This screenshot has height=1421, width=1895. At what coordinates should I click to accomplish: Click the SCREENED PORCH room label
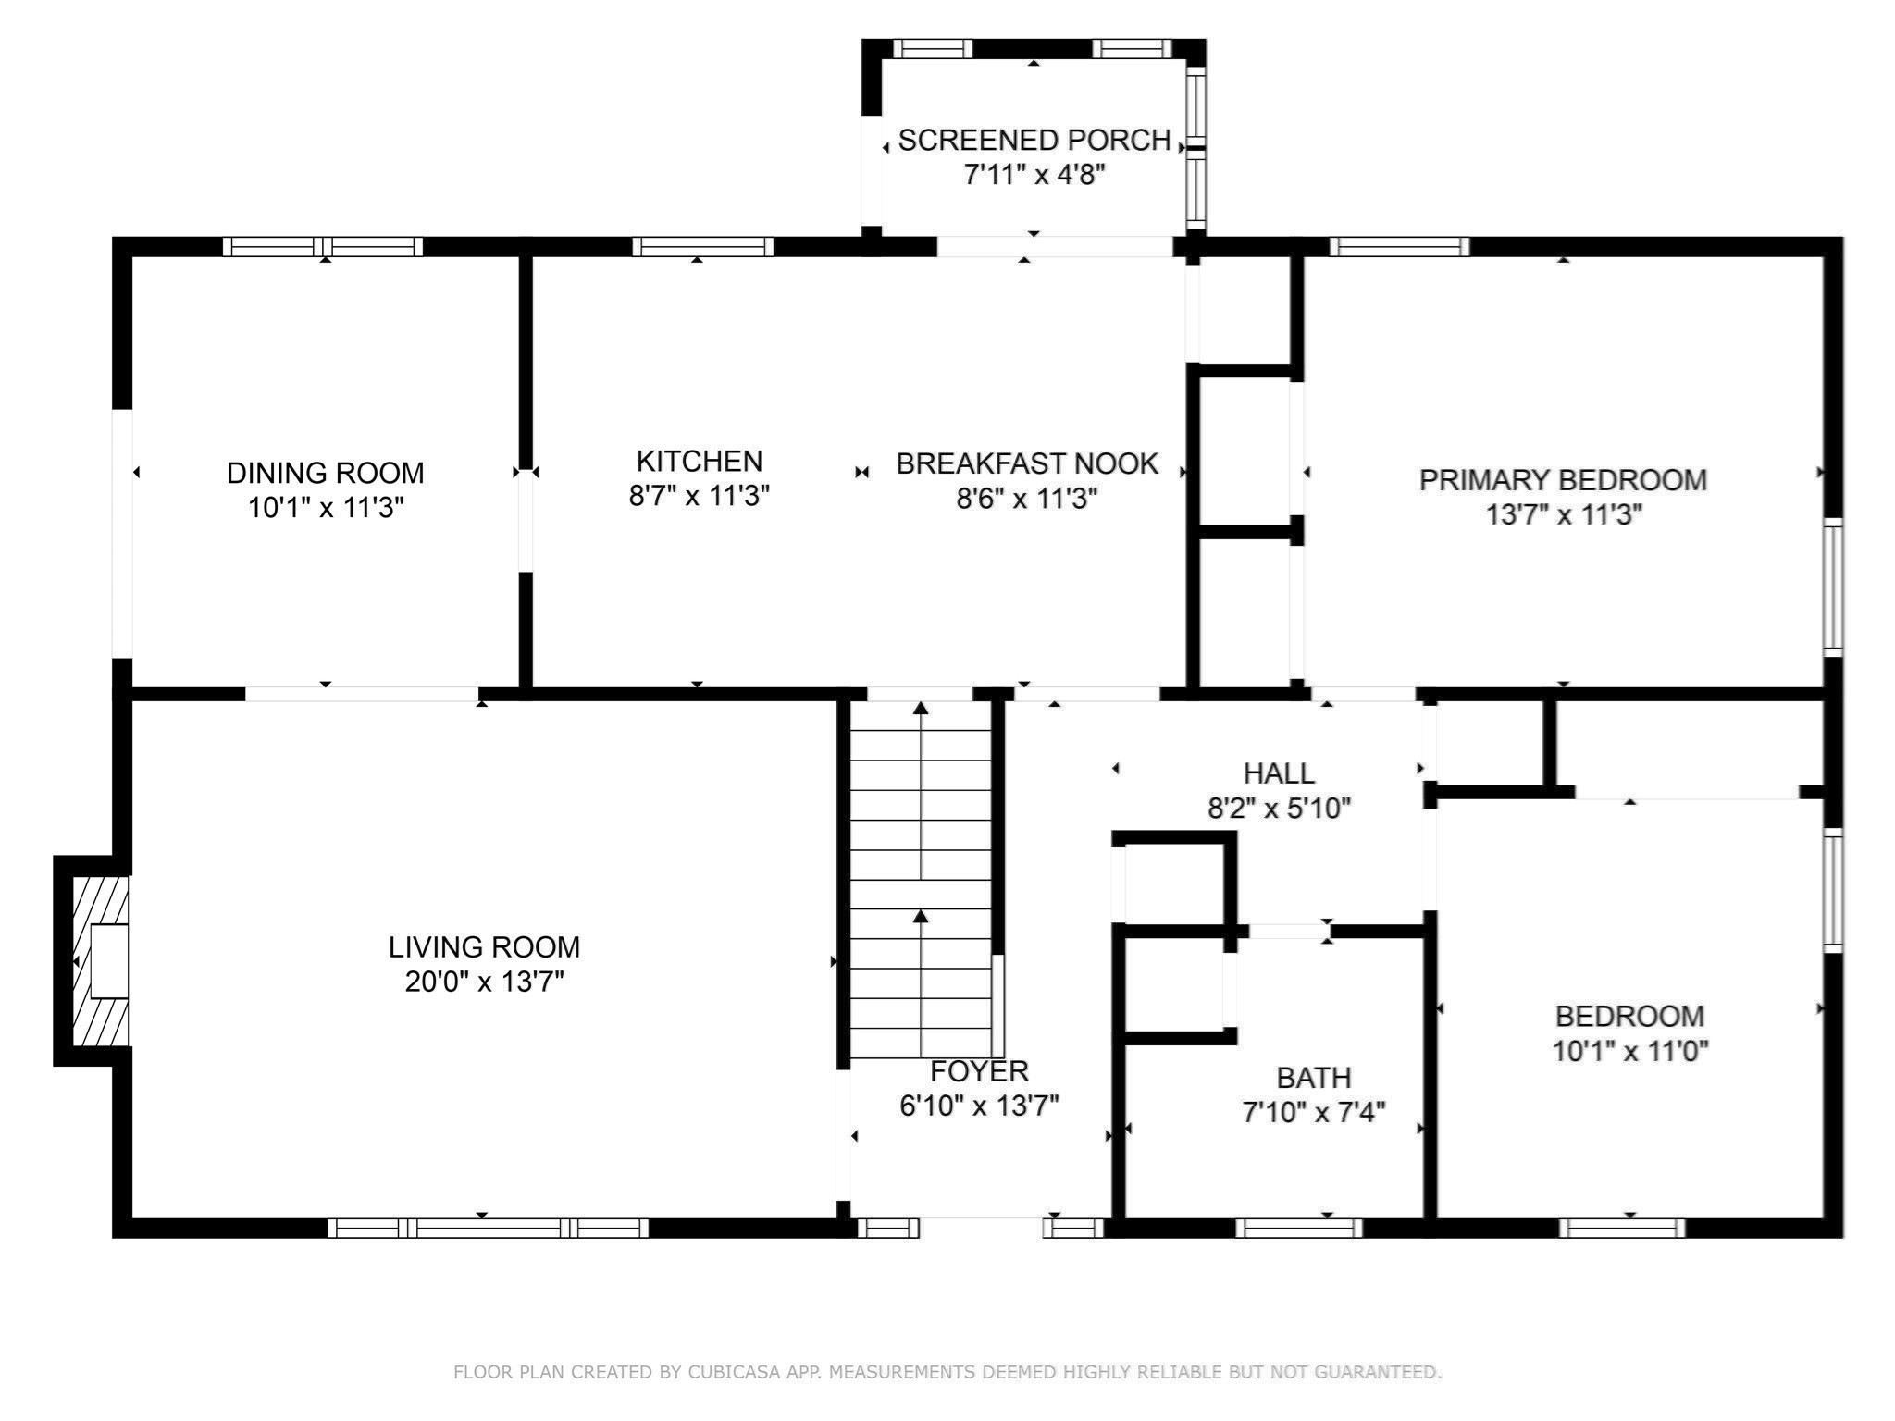click(1034, 140)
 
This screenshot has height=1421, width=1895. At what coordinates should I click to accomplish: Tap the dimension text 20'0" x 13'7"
click(484, 982)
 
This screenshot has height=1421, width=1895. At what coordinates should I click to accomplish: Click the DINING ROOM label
click(325, 473)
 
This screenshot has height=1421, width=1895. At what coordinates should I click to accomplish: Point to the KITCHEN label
click(699, 461)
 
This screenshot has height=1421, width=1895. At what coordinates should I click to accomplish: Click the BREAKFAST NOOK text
click(1026, 463)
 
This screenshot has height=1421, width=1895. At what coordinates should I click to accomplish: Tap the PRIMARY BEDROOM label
click(1563, 480)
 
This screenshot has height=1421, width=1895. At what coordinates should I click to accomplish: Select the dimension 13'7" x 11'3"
click(1563, 514)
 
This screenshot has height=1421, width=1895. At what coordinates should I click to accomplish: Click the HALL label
click(1278, 772)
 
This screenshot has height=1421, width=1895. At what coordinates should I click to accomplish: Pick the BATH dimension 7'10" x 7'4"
click(1313, 1112)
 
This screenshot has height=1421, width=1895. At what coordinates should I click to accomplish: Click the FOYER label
click(978, 1071)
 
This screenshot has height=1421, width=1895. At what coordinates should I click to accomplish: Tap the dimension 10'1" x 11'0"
click(1629, 1051)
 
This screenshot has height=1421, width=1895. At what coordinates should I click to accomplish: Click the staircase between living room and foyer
click(921, 879)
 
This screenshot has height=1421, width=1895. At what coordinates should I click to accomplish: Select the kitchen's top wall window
click(702, 246)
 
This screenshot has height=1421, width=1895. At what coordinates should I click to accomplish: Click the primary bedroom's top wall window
click(1398, 246)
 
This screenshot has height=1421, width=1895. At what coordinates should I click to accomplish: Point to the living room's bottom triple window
click(488, 1228)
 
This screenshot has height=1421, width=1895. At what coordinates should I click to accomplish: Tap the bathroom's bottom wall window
click(1298, 1228)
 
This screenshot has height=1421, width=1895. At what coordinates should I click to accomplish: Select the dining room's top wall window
click(322, 246)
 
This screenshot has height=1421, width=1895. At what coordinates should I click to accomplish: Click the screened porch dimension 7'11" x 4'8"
click(1034, 174)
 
